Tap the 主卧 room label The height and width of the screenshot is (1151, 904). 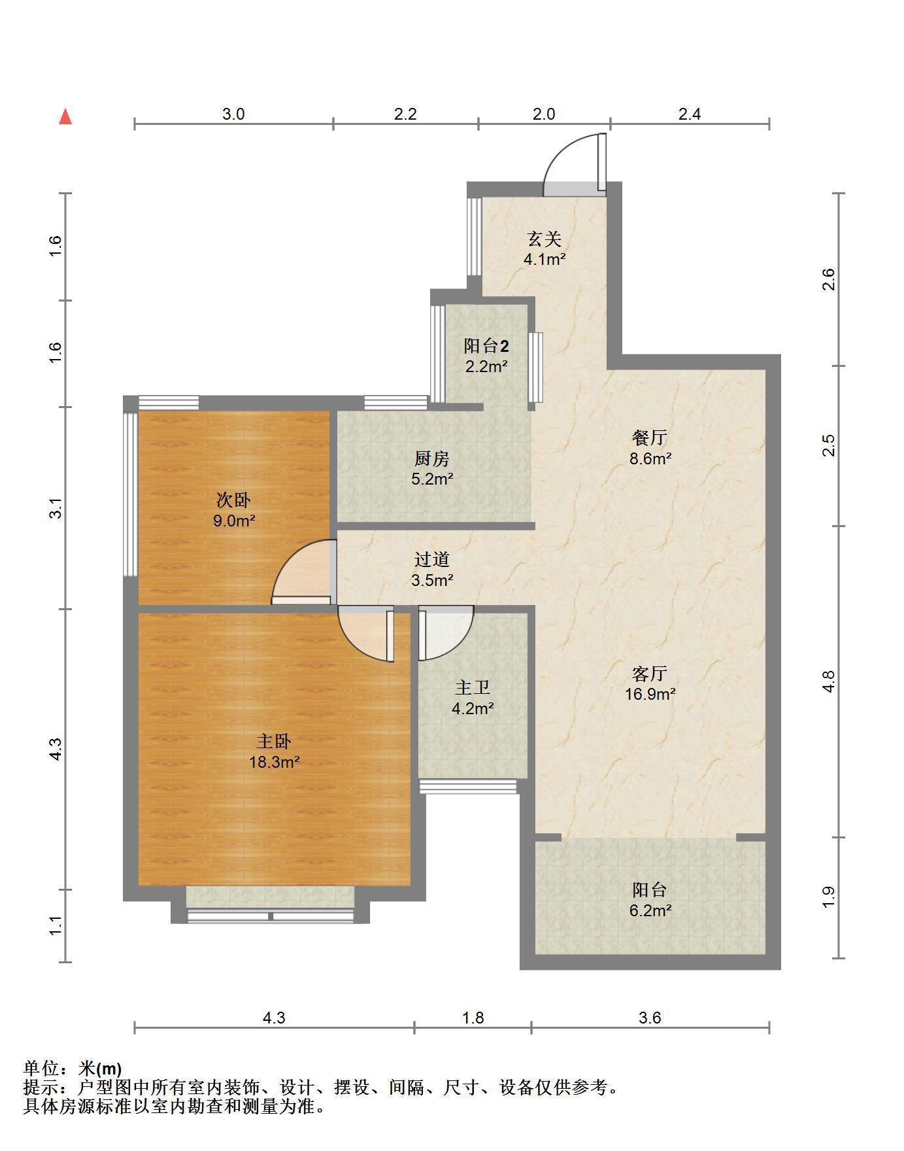click(x=274, y=741)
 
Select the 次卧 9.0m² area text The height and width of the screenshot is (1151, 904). click(x=233, y=521)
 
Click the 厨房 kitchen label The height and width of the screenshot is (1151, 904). click(x=432, y=458)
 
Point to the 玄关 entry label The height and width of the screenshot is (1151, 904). click(x=544, y=239)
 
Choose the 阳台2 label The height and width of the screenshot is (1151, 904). click(x=486, y=346)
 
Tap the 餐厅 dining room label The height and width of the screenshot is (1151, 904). click(x=650, y=438)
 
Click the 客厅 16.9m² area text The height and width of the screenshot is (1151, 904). click(x=650, y=694)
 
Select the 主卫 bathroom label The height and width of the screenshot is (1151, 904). click(x=473, y=687)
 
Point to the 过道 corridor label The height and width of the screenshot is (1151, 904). click(x=432, y=559)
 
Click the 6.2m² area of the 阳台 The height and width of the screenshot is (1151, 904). click(x=650, y=910)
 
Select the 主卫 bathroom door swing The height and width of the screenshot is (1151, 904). click(x=446, y=634)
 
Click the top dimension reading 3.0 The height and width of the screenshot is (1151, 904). click(x=233, y=114)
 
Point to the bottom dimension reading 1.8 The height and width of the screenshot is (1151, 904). click(x=473, y=1018)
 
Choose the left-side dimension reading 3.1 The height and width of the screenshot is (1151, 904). click(x=56, y=508)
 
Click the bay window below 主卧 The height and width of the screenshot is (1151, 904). click(x=271, y=905)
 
